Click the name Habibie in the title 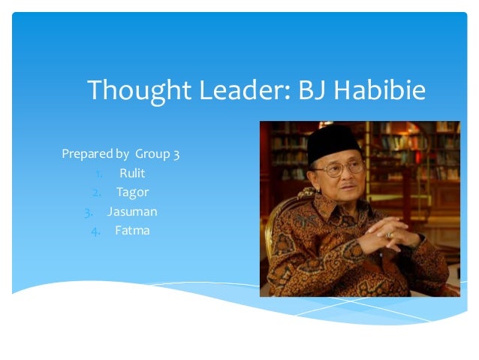(380, 92)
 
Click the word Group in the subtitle (152, 156)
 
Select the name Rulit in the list (132, 174)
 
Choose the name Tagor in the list (132, 192)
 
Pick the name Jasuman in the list (132, 211)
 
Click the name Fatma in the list (132, 230)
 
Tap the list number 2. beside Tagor (97, 192)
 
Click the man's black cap (333, 140)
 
